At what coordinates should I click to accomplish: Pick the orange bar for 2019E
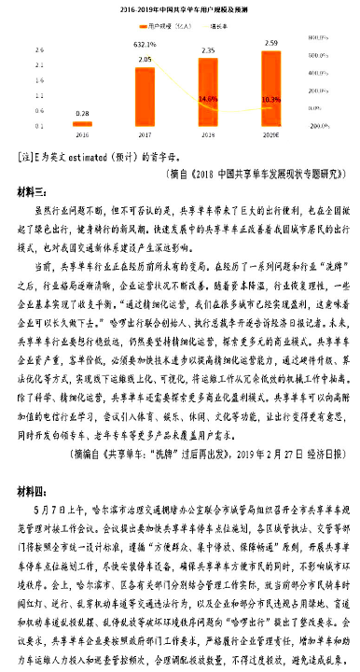[x=270, y=87]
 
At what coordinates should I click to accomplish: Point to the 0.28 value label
[x=83, y=110]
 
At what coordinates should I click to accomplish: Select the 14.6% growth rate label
[x=208, y=98]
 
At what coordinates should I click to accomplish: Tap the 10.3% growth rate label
[x=270, y=98]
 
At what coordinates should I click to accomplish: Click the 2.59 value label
[x=270, y=44]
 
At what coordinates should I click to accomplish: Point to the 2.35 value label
[x=208, y=50]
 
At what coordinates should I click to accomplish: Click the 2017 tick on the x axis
[x=145, y=134]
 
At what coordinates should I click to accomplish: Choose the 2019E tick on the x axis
[x=270, y=134]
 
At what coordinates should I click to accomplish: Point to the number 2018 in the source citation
[x=175, y=173]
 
